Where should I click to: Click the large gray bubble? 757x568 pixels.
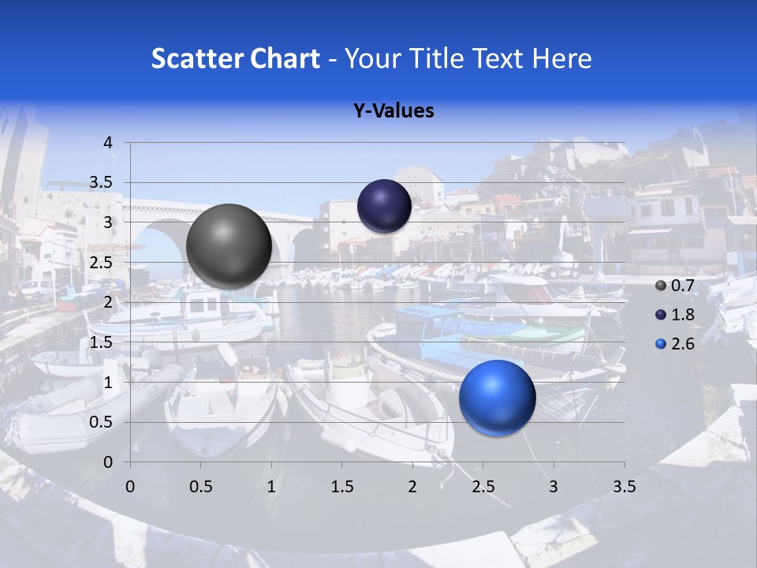pos(229,246)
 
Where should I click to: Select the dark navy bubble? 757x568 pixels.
pos(384,206)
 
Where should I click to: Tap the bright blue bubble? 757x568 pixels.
pos(497,398)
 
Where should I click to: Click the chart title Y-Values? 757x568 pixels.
pos(393,111)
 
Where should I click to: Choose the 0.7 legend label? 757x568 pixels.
pos(682,286)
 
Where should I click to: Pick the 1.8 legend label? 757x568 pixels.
pos(682,315)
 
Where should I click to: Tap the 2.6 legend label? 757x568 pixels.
pos(682,344)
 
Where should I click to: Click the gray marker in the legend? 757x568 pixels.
pos(661,286)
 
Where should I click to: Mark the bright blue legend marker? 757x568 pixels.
pos(661,344)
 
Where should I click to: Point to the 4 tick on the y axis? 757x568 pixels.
pos(108,143)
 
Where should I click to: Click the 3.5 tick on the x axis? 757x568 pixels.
pos(625,487)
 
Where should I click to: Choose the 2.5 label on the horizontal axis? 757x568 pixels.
pos(483,487)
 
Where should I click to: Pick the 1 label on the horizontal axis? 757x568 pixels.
pos(271,487)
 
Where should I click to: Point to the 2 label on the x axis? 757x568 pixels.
pos(412,487)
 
